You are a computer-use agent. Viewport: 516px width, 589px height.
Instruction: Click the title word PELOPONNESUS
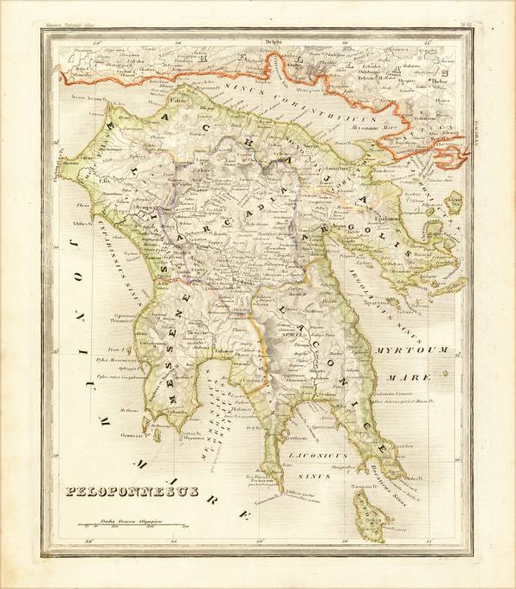(x=132, y=492)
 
